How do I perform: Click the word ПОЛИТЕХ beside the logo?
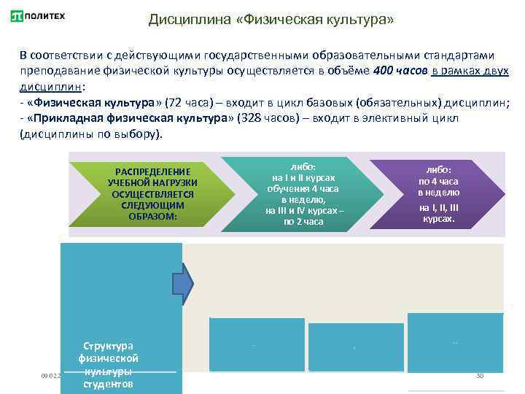click(48, 15)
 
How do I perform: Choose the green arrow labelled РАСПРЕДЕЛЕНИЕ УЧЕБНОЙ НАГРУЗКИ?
click(154, 193)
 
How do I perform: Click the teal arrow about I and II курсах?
click(303, 193)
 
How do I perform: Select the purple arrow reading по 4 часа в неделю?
click(438, 193)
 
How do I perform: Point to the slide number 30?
click(480, 376)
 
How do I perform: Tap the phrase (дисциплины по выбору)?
click(92, 135)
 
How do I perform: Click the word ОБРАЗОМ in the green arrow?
click(152, 217)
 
